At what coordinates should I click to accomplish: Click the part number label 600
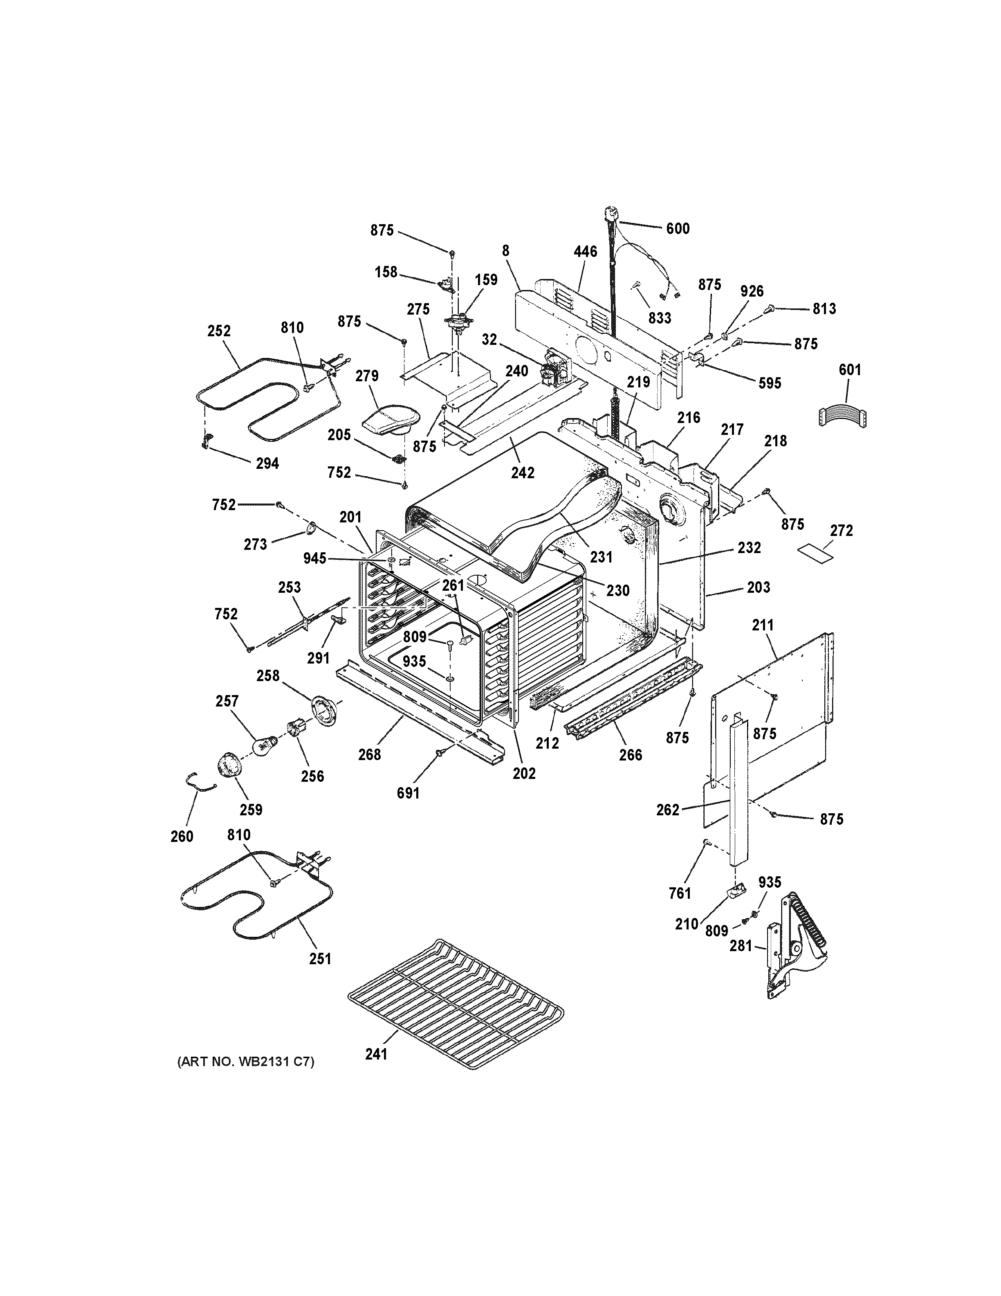click(678, 228)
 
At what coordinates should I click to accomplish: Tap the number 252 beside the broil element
click(219, 331)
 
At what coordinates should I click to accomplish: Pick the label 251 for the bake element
click(320, 959)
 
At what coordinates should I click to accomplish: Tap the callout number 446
click(585, 252)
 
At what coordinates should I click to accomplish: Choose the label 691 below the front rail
click(408, 793)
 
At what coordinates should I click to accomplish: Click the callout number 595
click(769, 383)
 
